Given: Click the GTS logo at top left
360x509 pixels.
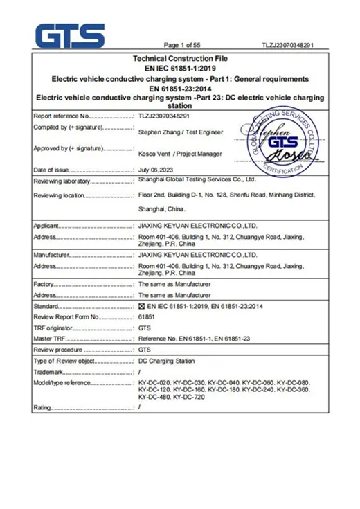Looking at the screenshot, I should click(69, 35).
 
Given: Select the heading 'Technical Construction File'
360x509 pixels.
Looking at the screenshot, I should click(179, 59).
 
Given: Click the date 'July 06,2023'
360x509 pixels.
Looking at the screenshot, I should click(154, 170).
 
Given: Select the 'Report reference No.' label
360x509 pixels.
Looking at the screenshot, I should click(62, 116).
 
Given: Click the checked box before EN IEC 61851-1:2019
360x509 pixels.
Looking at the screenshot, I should click(142, 306).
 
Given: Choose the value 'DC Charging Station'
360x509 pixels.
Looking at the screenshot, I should click(167, 361).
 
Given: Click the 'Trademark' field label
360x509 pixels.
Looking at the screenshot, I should click(48, 372).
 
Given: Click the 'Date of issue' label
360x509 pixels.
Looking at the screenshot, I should click(52, 170).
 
